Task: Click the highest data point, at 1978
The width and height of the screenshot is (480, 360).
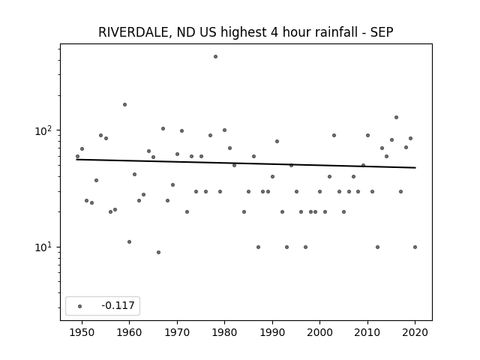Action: coord(215,57)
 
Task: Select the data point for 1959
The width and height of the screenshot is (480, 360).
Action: coord(125,105)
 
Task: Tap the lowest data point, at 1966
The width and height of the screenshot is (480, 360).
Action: coord(158,252)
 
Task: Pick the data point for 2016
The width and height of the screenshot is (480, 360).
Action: coord(397,117)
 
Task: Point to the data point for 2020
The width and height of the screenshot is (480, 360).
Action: coord(415,247)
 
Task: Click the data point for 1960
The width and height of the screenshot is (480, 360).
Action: coord(130,241)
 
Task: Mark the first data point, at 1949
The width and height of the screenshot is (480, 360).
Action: coord(77,157)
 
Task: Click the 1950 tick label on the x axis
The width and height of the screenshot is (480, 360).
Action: coord(82,332)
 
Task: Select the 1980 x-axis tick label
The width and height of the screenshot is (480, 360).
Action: coord(225,332)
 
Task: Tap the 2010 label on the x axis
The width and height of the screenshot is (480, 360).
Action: coord(367,332)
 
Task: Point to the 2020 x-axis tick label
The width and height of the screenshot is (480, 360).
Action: coord(415,332)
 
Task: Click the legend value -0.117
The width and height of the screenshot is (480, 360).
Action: coord(118,305)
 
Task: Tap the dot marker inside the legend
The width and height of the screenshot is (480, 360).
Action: coord(80,306)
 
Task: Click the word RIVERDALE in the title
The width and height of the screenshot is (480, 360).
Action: coord(133,32)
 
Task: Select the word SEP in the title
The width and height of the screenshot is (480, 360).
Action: coord(382,32)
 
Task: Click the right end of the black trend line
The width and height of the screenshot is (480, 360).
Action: coord(415,167)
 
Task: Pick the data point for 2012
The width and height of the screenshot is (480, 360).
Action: coord(377,247)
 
